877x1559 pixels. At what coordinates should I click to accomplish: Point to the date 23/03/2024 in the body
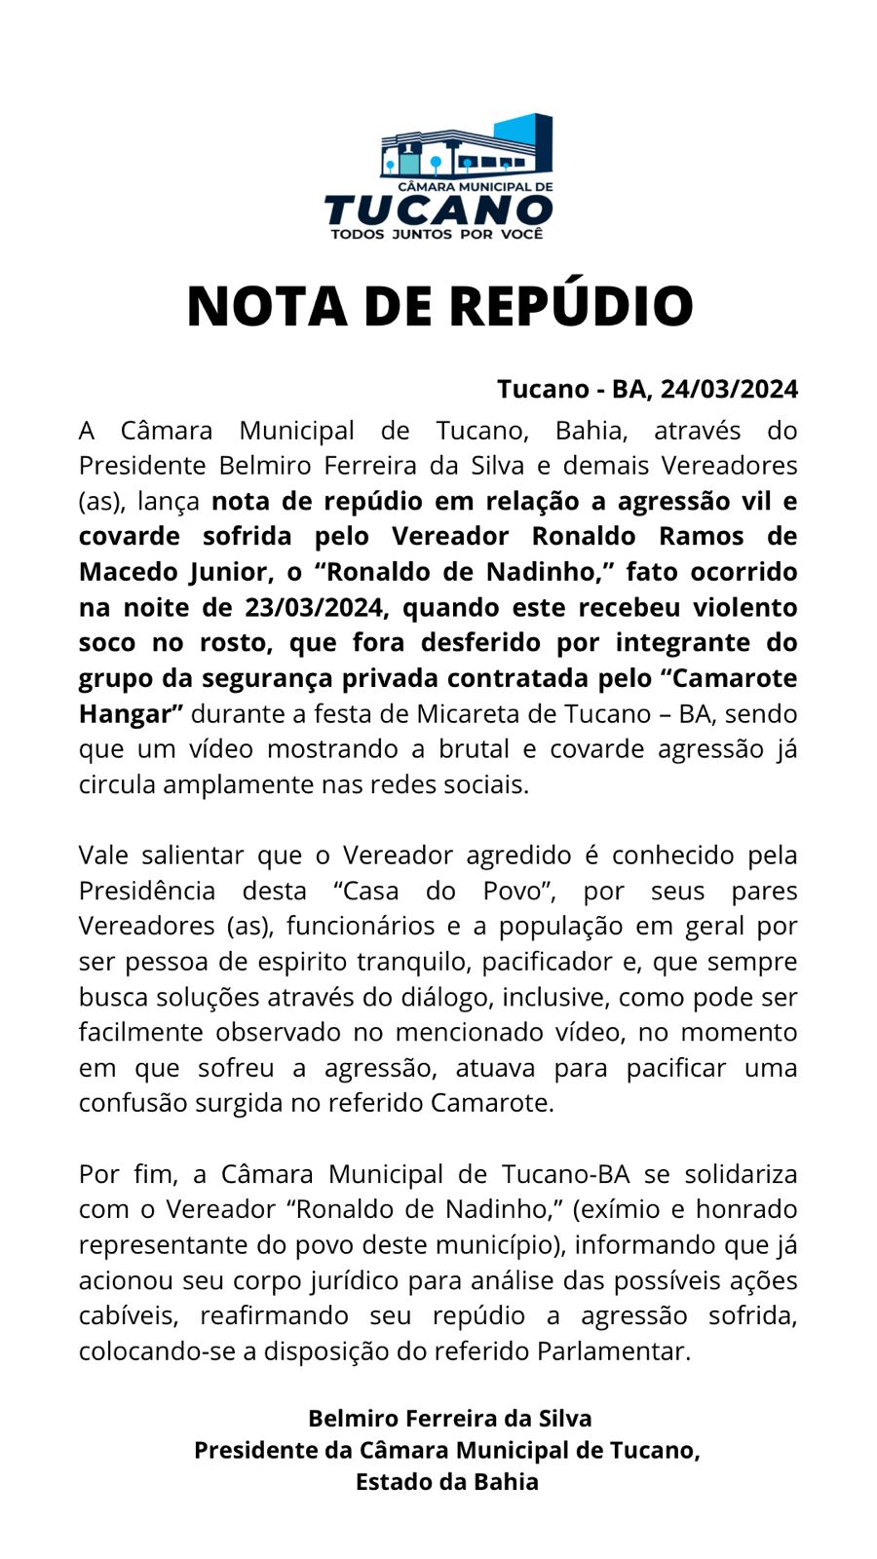tap(316, 608)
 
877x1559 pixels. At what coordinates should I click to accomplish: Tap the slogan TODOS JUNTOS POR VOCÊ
tap(437, 235)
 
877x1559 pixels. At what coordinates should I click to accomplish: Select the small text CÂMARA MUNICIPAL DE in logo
tap(475, 186)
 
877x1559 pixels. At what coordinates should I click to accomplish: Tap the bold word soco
tap(107, 643)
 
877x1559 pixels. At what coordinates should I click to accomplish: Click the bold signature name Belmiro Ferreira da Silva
tap(449, 1419)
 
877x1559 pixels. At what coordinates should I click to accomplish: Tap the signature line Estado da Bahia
tap(446, 1482)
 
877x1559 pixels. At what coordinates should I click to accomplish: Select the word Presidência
tap(147, 892)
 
